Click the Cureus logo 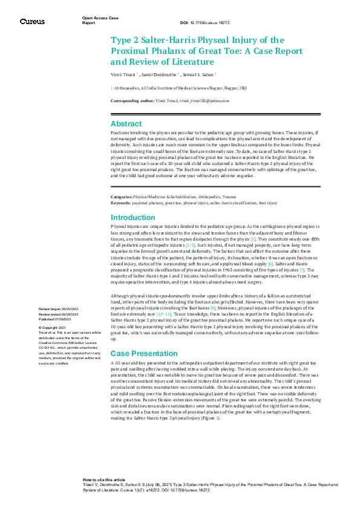(x=31, y=21)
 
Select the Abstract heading (x=126, y=123)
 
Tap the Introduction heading (x=134, y=218)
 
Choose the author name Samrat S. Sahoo (x=198, y=74)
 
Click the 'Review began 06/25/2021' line (x=58, y=309)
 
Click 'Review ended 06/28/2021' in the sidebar (x=58, y=314)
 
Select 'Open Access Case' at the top (x=100, y=19)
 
